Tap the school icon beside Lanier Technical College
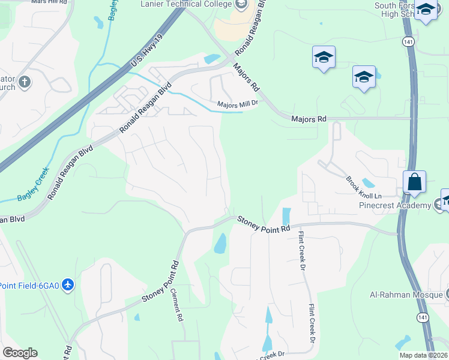point(241,5)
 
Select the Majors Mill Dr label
point(237,103)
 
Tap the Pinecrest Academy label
point(395,206)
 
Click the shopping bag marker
point(414,181)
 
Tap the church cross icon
point(25,82)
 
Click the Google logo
point(20,353)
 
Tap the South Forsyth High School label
point(394,10)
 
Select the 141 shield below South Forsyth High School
point(408,42)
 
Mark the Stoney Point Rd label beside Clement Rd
point(160,281)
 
